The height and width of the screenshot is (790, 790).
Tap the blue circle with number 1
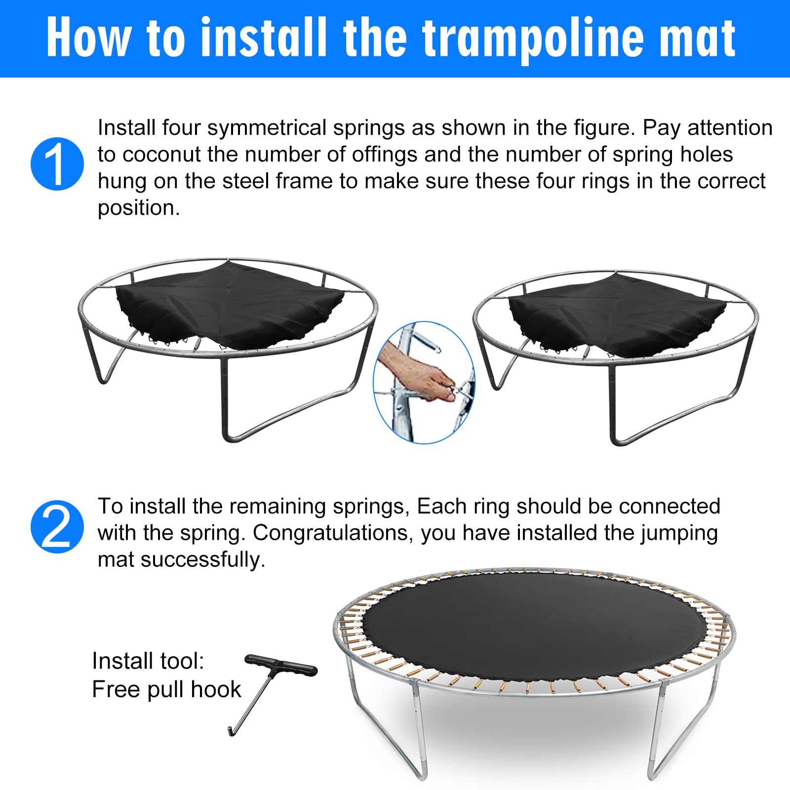[x=57, y=164]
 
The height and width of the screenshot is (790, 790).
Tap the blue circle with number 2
[x=57, y=527]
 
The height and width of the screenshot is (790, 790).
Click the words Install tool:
[x=148, y=661]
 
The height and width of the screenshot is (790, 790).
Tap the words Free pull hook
[x=166, y=689]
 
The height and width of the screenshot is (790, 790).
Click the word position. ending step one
[x=139, y=208]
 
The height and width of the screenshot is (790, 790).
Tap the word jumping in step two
[x=679, y=533]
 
